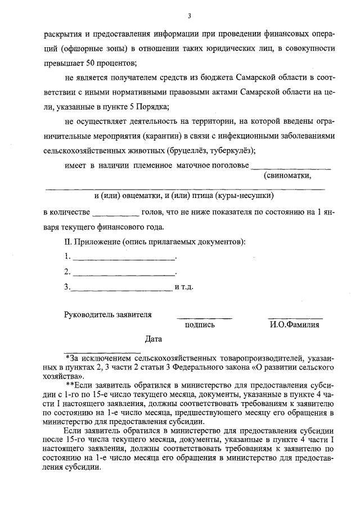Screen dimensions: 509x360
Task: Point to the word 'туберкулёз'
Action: click(234, 150)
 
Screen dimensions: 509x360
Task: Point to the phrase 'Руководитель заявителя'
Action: click(108, 314)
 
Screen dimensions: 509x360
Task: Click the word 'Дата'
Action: click(153, 340)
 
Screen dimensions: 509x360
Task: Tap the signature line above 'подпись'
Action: click(204, 318)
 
